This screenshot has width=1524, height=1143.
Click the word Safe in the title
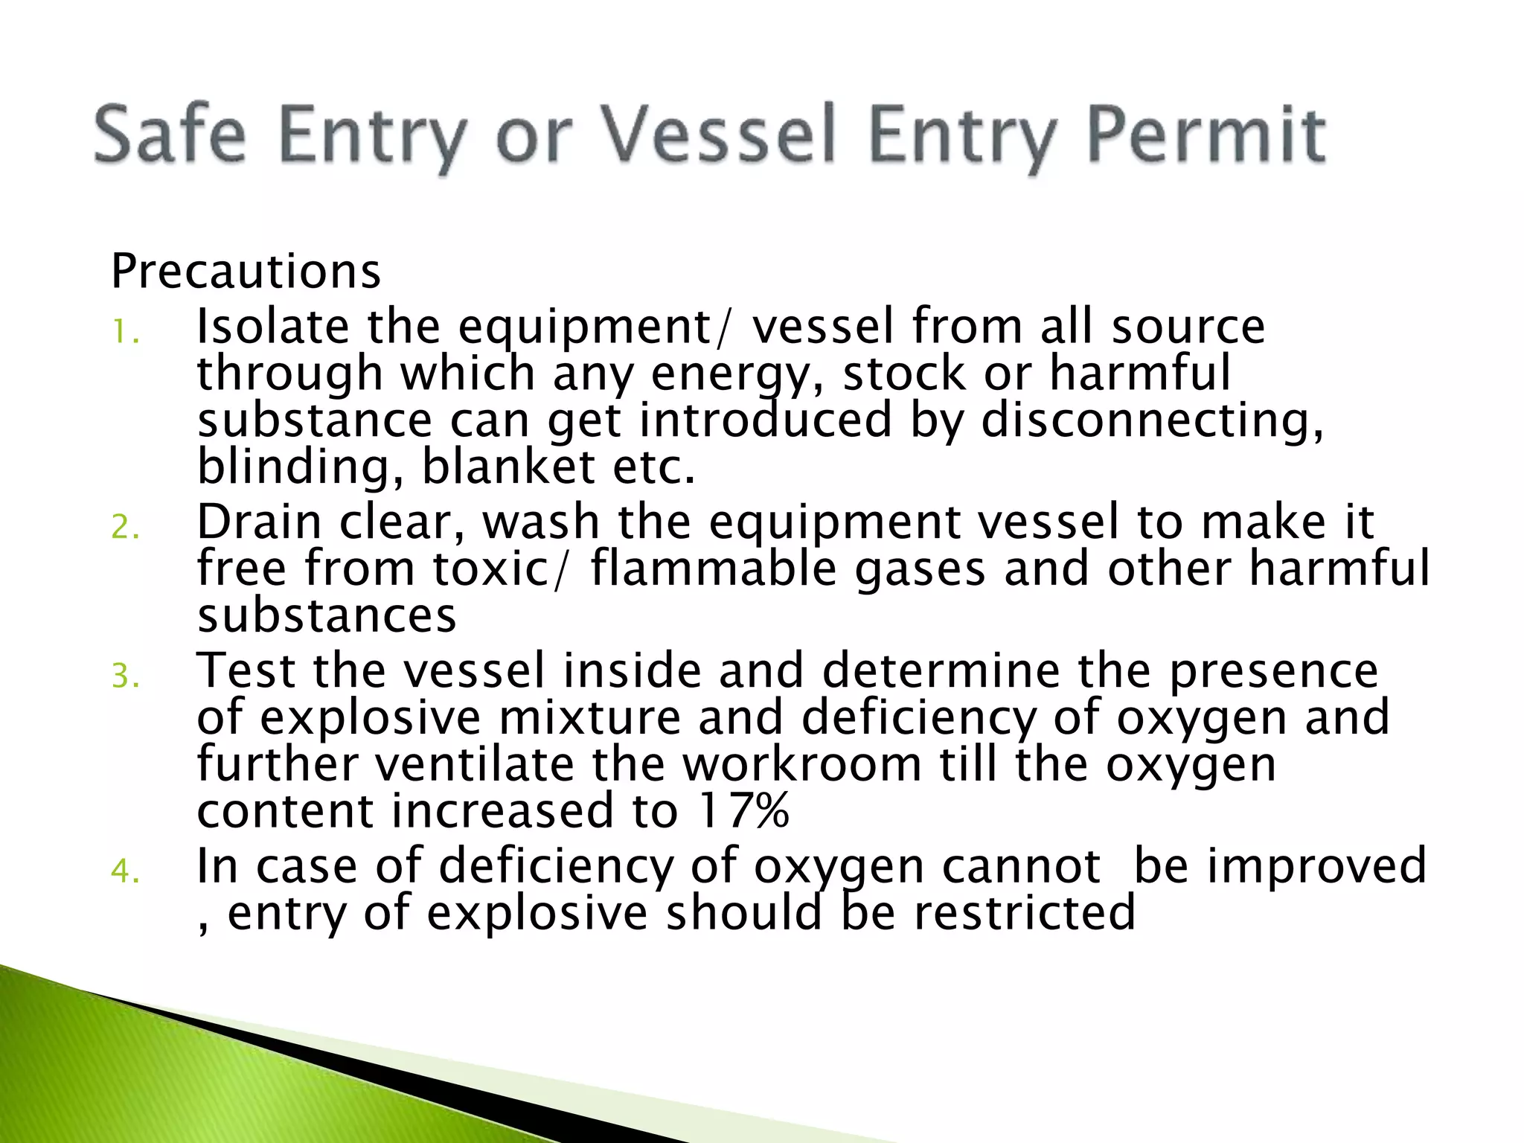[170, 135]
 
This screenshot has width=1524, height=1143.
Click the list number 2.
[125, 527]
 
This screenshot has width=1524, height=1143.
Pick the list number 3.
[125, 676]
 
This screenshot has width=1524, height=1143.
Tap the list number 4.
[125, 870]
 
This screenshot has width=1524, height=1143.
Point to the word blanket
[508, 467]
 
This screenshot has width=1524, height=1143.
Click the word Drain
[259, 522]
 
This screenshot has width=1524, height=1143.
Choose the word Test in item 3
[246, 670]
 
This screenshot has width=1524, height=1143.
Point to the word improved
[1316, 867]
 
